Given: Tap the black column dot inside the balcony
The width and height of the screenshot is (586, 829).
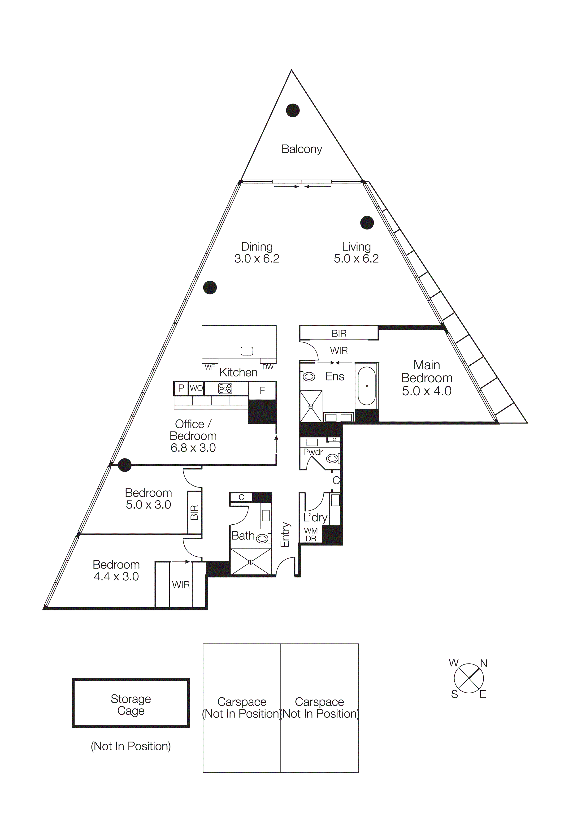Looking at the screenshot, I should [293, 111].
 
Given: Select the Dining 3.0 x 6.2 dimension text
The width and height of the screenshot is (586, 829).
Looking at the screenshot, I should [257, 259].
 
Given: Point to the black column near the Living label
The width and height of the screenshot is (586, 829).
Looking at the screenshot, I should [367, 223].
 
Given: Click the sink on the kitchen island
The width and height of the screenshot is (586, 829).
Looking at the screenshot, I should [247, 351].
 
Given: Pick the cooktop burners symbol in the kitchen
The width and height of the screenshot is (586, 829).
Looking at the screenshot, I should [225, 389].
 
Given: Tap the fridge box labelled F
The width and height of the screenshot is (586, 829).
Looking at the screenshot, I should [262, 390].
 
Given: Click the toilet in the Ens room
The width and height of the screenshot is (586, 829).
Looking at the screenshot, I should [309, 377].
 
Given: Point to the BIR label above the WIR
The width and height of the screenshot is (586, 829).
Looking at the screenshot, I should [339, 334].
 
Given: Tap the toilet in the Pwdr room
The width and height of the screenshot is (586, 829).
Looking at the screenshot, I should [332, 458].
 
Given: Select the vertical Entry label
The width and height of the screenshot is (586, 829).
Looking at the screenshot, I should [285, 534].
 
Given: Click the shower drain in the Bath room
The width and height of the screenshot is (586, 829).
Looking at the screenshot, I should [251, 562].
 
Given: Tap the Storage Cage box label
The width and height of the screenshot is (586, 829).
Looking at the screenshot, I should [131, 704].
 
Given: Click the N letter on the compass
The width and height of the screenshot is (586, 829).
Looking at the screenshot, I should [484, 663].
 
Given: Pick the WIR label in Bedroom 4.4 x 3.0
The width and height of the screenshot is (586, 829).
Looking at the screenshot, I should [181, 585].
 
